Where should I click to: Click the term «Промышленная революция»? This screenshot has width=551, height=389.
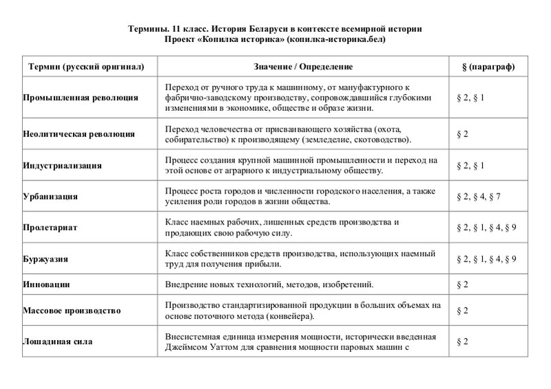pyautogui.click(x=81, y=98)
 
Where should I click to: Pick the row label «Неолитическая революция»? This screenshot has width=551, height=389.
pyautogui.click(x=79, y=134)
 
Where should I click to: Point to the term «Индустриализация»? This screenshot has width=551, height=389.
pyautogui.click(x=63, y=166)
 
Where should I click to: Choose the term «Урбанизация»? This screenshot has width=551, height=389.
pyautogui.click(x=50, y=197)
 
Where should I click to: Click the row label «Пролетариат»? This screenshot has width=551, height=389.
pyautogui.click(x=50, y=227)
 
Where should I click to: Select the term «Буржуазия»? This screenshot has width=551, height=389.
pyautogui.click(x=47, y=259)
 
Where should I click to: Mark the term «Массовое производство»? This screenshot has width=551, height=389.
pyautogui.click(x=72, y=311)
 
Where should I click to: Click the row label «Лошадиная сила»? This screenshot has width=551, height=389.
pyautogui.click(x=58, y=341)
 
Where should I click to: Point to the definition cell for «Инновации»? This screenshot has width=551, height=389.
pyautogui.click(x=270, y=284)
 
